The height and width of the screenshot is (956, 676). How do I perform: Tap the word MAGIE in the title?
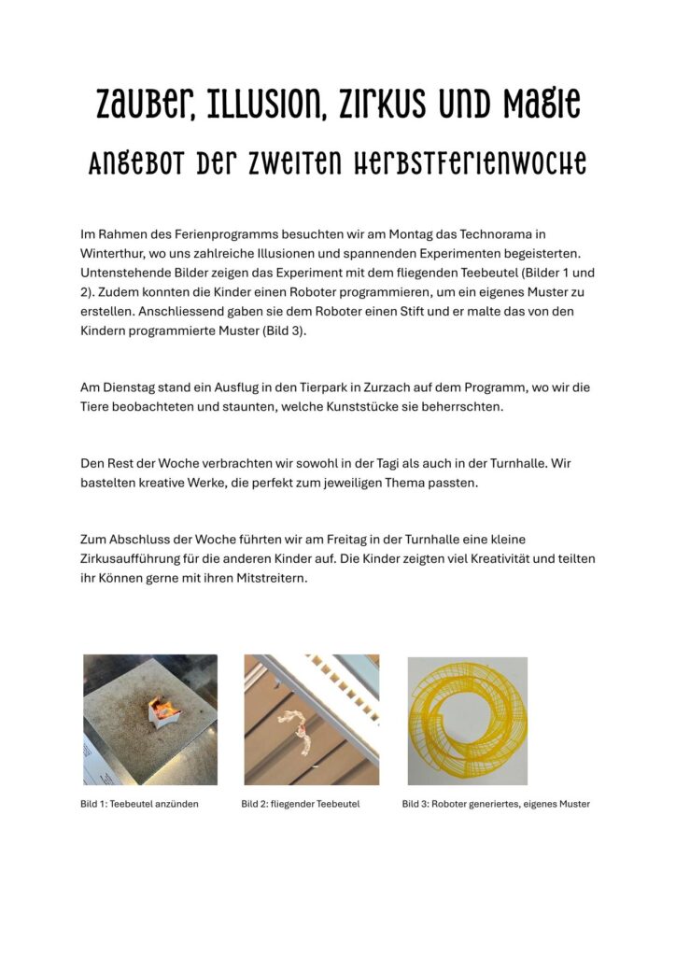click(535, 104)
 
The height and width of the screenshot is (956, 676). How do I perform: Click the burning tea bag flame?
click(166, 711)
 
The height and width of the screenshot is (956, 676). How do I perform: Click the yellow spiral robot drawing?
click(467, 720)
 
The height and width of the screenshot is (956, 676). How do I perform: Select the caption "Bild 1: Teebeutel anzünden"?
click(139, 804)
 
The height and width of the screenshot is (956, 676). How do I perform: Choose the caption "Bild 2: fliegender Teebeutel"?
click(300, 804)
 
